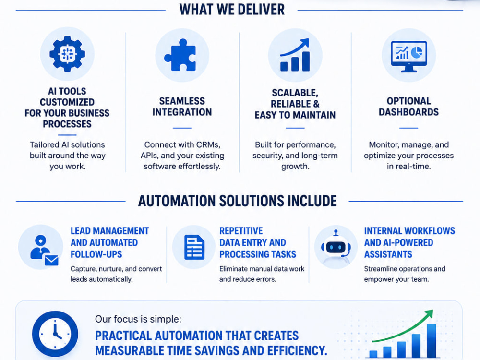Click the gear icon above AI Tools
pyautogui.click(x=67, y=54)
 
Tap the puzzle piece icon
pyautogui.click(x=180, y=55)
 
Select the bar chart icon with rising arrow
pyautogui.click(x=295, y=55)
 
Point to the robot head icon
pyautogui.click(x=336, y=247)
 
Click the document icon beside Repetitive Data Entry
pyautogui.click(x=194, y=247)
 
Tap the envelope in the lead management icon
pyautogui.click(x=51, y=261)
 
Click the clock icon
pyautogui.click(x=55, y=334)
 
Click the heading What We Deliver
pyautogui.click(x=232, y=10)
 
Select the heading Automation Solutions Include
pyautogui.click(x=237, y=201)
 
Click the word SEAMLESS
pyautogui.click(x=182, y=101)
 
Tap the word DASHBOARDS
pyautogui.click(x=408, y=112)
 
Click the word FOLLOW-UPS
pyautogui.click(x=96, y=254)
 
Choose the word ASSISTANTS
pyautogui.click(x=388, y=254)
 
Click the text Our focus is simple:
pyautogui.click(x=138, y=319)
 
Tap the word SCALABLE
pyautogui.click(x=295, y=93)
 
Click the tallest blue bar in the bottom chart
pyautogui.click(x=432, y=340)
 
